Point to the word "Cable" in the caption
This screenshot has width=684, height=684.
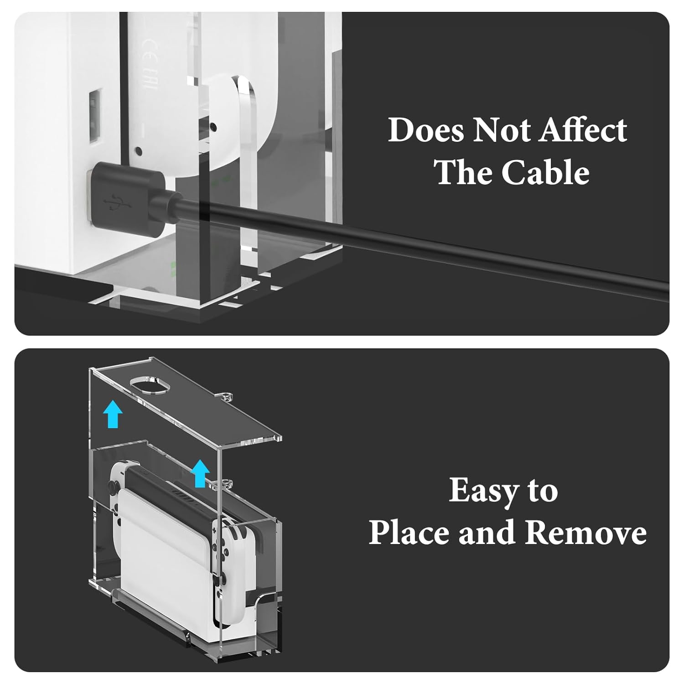tap(545, 173)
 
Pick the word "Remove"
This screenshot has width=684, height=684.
tap(585, 533)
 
